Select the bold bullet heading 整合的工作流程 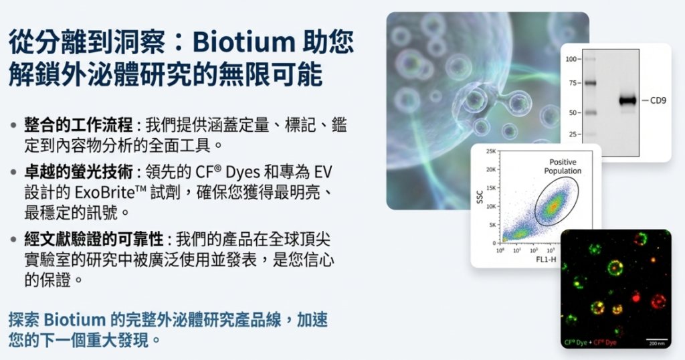pyautogui.click(x=79, y=125)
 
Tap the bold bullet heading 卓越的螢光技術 pyautogui.click(x=79, y=172)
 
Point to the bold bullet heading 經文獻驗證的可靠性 pyautogui.click(x=94, y=239)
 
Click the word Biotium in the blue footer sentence pyautogui.click(x=75, y=319)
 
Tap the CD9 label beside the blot pyautogui.click(x=658, y=100)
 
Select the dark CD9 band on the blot pyautogui.click(x=627, y=101)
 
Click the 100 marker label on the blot pyautogui.click(x=571, y=59)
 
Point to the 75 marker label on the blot pyautogui.click(x=573, y=83)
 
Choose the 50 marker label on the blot pyautogui.click(x=573, y=112)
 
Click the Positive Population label pyautogui.click(x=563, y=167)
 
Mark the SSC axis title pyautogui.click(x=480, y=197)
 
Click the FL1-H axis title pyautogui.click(x=546, y=260)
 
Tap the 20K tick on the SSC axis pyautogui.click(x=491, y=169)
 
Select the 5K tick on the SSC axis pyautogui.click(x=492, y=225)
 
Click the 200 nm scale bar pyautogui.click(x=657, y=339)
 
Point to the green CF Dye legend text pyautogui.click(x=575, y=343)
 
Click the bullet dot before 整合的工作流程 pyautogui.click(x=13, y=126)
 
